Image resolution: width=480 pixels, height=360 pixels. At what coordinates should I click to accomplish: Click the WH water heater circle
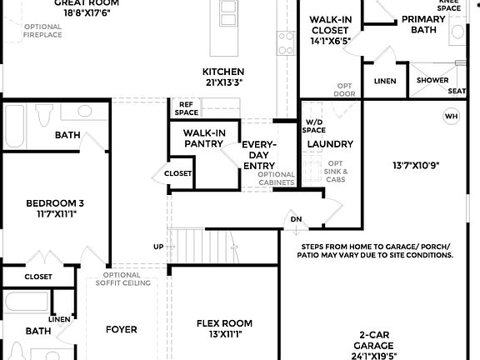[x=452, y=116]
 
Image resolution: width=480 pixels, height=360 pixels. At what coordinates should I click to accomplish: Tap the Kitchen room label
[x=223, y=72]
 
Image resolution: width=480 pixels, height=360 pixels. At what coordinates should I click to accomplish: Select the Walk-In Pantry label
[x=203, y=138]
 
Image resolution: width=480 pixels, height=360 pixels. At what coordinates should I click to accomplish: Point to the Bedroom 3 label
[x=55, y=202]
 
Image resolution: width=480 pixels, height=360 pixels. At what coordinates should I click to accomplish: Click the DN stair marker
[x=296, y=220]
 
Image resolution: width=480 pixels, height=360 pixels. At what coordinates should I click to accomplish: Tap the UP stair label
[x=158, y=247]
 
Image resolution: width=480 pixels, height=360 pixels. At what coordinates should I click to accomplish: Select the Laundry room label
[x=330, y=144]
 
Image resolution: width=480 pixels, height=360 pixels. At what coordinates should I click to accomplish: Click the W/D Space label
[x=314, y=125]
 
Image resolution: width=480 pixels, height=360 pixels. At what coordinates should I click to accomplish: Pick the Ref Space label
[x=187, y=107]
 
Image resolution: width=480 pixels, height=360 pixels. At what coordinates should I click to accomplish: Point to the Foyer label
[x=122, y=329]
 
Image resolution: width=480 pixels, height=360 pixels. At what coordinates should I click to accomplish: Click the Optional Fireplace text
[x=42, y=32]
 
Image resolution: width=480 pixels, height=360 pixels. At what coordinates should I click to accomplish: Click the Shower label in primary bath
[x=432, y=81]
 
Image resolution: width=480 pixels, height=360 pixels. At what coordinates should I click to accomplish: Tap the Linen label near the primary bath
[x=385, y=81]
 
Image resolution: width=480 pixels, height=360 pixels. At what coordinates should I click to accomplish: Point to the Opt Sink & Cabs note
[x=336, y=172]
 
